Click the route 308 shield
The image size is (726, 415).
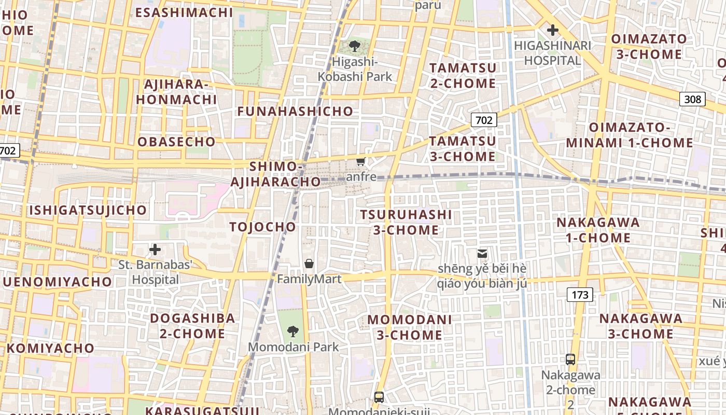click(x=692, y=99)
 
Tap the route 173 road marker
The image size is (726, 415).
click(x=580, y=295)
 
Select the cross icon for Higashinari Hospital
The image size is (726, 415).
click(x=553, y=30)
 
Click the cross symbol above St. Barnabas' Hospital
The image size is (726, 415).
click(x=155, y=250)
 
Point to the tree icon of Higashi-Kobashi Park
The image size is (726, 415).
click(x=355, y=47)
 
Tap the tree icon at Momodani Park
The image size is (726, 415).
click(x=293, y=331)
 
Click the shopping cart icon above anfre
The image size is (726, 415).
click(x=361, y=161)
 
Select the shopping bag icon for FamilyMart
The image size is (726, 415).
click(x=309, y=264)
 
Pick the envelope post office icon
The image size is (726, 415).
click(x=482, y=253)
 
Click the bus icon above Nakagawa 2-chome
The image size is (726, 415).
click(x=570, y=359)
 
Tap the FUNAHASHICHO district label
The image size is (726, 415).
click(x=295, y=111)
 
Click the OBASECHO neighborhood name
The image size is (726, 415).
click(x=176, y=142)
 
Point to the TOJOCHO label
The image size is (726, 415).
click(x=262, y=227)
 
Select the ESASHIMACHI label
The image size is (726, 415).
click(x=184, y=12)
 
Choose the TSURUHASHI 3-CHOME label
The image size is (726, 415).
click(x=406, y=222)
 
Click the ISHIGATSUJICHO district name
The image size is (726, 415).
click(x=88, y=210)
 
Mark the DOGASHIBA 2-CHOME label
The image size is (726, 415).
click(x=192, y=325)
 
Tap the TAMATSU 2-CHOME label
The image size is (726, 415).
click(x=463, y=75)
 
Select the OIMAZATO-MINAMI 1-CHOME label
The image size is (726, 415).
click(x=630, y=135)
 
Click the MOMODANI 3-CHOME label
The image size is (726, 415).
click(x=410, y=327)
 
